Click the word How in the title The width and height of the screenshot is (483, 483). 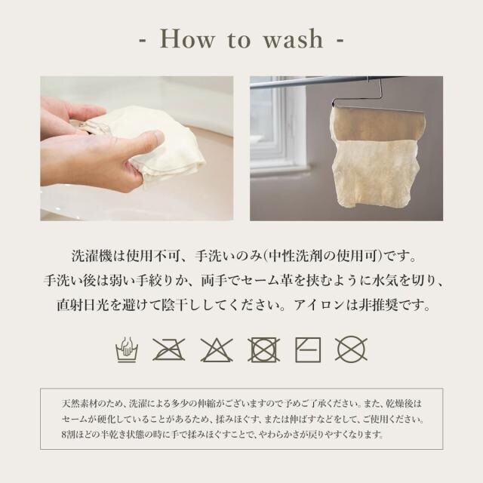pos(187,39)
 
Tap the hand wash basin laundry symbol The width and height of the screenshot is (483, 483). pos(127,349)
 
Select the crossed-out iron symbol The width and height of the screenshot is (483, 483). pos(169,349)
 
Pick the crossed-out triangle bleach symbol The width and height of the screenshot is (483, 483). pos(217,350)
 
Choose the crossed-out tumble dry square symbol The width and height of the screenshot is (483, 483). pos(263,349)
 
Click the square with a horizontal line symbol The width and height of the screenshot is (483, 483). pos(308,349)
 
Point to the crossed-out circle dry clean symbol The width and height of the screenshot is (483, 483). pos(351,349)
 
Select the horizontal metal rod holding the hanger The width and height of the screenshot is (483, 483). pos(314,82)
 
